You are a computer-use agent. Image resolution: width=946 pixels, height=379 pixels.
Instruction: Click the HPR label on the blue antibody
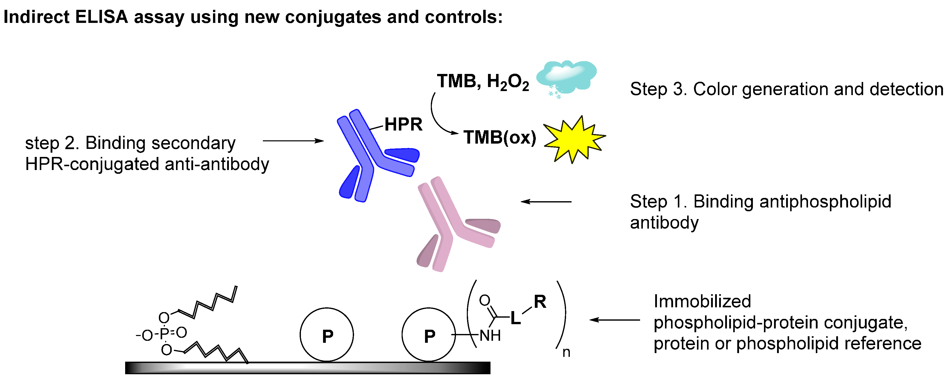[403, 125]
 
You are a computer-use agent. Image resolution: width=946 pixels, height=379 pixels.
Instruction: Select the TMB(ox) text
[500, 138]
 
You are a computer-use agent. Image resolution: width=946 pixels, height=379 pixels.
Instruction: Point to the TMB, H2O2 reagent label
[482, 81]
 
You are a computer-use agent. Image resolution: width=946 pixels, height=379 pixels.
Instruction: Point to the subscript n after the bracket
[566, 353]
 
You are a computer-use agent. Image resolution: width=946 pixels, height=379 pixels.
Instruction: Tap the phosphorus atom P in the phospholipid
[164, 333]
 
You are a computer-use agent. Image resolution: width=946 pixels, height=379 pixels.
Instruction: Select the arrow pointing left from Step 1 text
[546, 201]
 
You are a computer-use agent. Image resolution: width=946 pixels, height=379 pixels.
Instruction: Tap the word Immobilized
[702, 302]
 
